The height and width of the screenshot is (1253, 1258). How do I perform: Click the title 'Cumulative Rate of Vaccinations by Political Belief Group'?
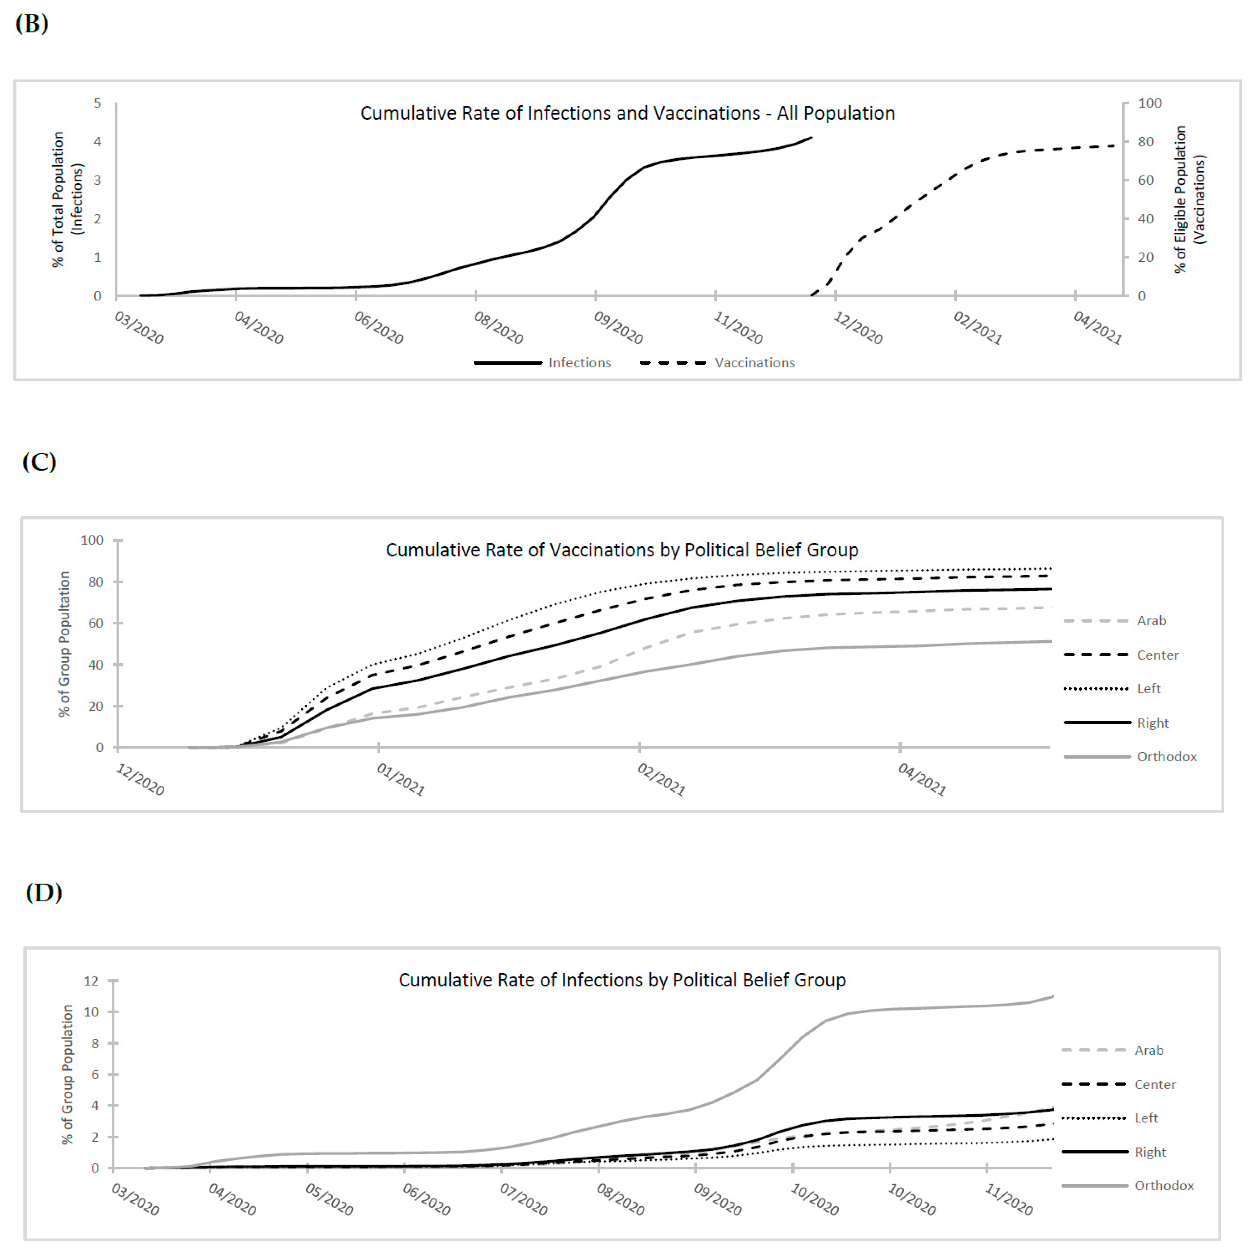coord(622,550)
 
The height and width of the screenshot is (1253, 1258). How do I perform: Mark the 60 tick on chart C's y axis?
coord(96,623)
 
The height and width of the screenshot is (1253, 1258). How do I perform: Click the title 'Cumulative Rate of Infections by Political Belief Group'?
coord(622,980)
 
